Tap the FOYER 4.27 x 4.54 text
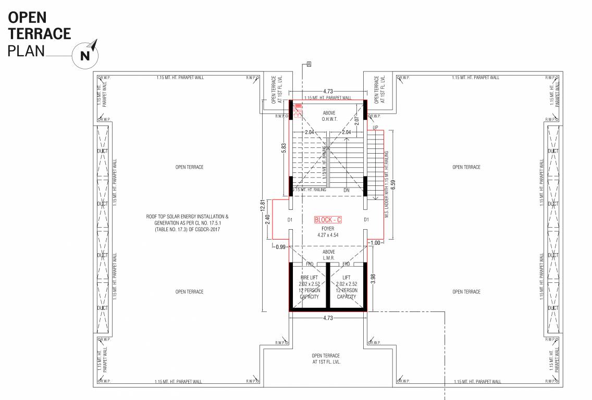(x=328, y=231)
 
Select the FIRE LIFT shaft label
(x=309, y=287)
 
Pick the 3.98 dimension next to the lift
(x=373, y=279)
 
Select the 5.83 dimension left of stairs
(x=283, y=148)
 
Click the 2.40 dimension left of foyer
(x=267, y=220)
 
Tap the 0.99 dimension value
(x=281, y=246)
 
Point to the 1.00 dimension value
(x=375, y=243)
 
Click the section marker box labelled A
(x=309, y=64)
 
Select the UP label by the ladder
(x=375, y=127)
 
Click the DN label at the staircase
(x=347, y=190)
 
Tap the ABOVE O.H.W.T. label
(x=329, y=116)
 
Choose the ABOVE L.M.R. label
(x=329, y=255)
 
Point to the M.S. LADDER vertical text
(x=387, y=184)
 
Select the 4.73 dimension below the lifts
(x=328, y=318)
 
